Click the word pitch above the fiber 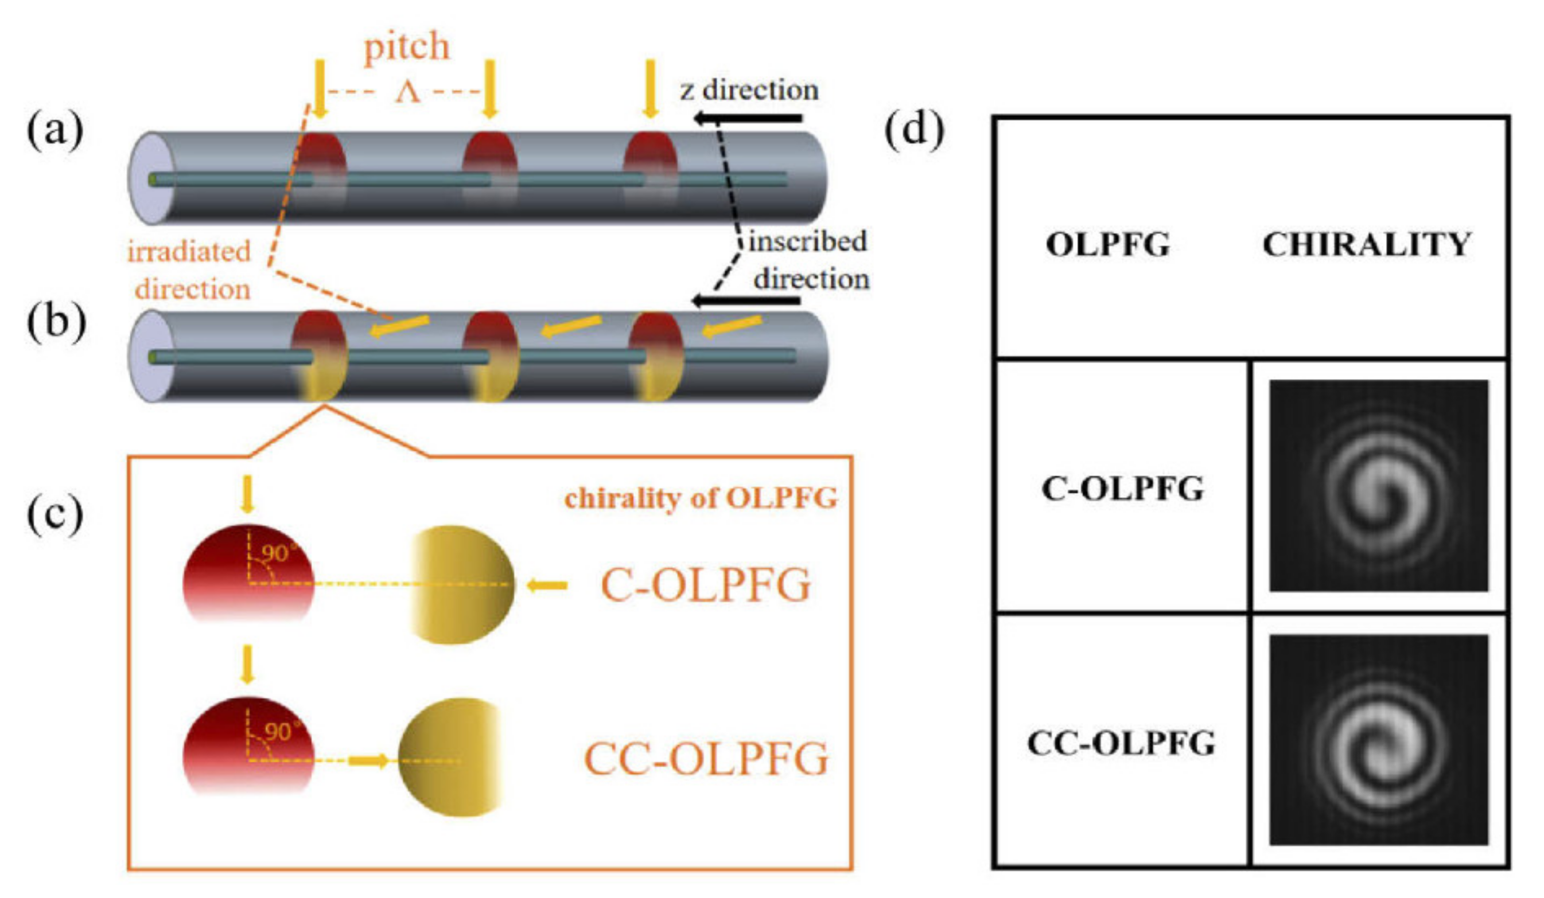(x=407, y=47)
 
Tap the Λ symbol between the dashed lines (x=407, y=92)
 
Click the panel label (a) (x=55, y=131)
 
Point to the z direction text (x=749, y=90)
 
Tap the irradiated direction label (x=190, y=270)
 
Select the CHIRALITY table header (x=1367, y=244)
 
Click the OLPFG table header (x=1108, y=244)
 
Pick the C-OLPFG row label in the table (x=1122, y=489)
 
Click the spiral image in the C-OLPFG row (x=1379, y=486)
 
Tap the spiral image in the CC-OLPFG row (x=1379, y=740)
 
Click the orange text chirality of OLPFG (x=701, y=498)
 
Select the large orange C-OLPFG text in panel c (x=706, y=585)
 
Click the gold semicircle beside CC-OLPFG (x=450, y=757)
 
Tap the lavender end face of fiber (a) (x=150, y=178)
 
